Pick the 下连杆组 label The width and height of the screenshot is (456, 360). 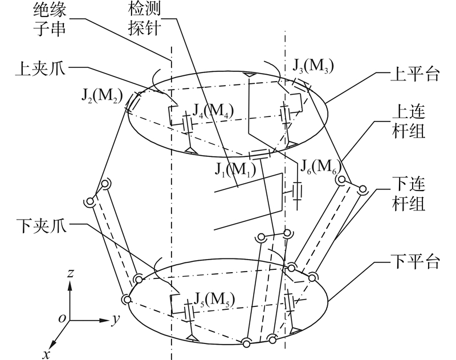pos(408,192)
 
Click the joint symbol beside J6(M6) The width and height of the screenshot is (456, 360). pos(296,192)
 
